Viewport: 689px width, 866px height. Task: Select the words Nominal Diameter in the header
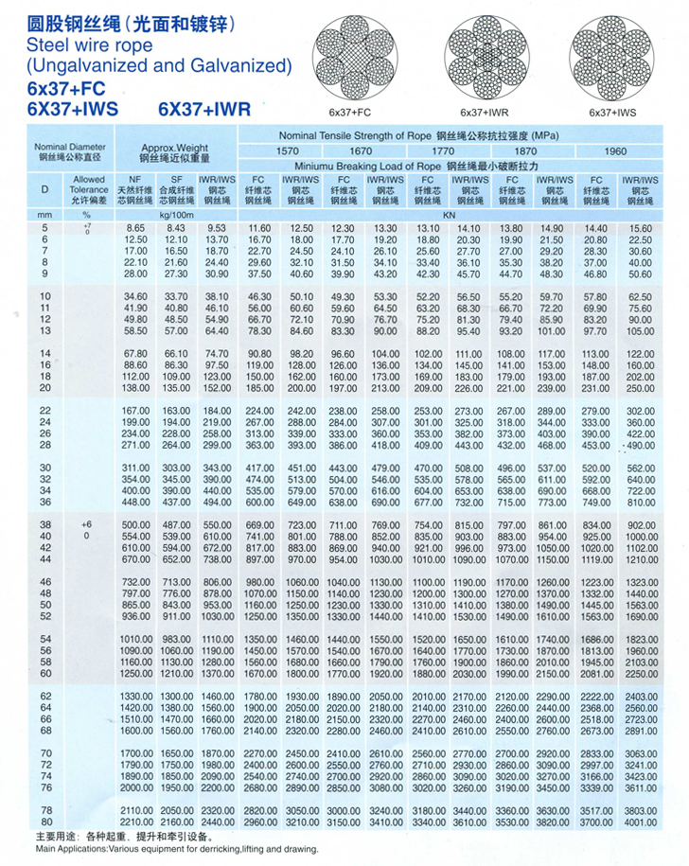tap(70, 148)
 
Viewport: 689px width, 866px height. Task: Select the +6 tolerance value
tap(86, 524)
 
